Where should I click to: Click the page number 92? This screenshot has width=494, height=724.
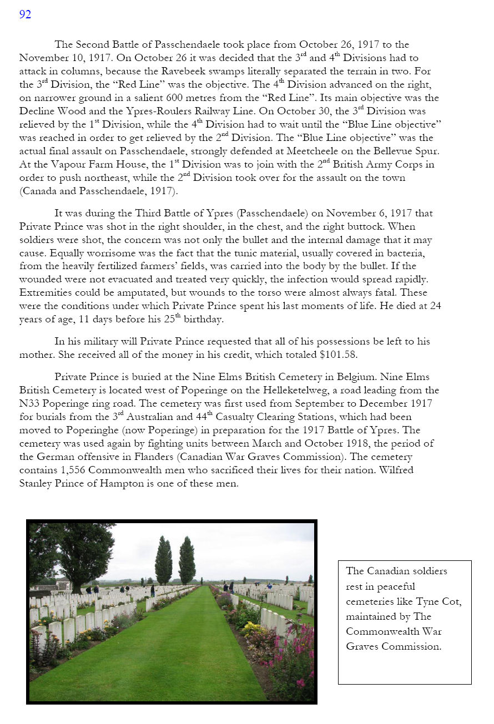coord(25,15)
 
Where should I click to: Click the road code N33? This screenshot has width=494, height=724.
coord(30,404)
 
